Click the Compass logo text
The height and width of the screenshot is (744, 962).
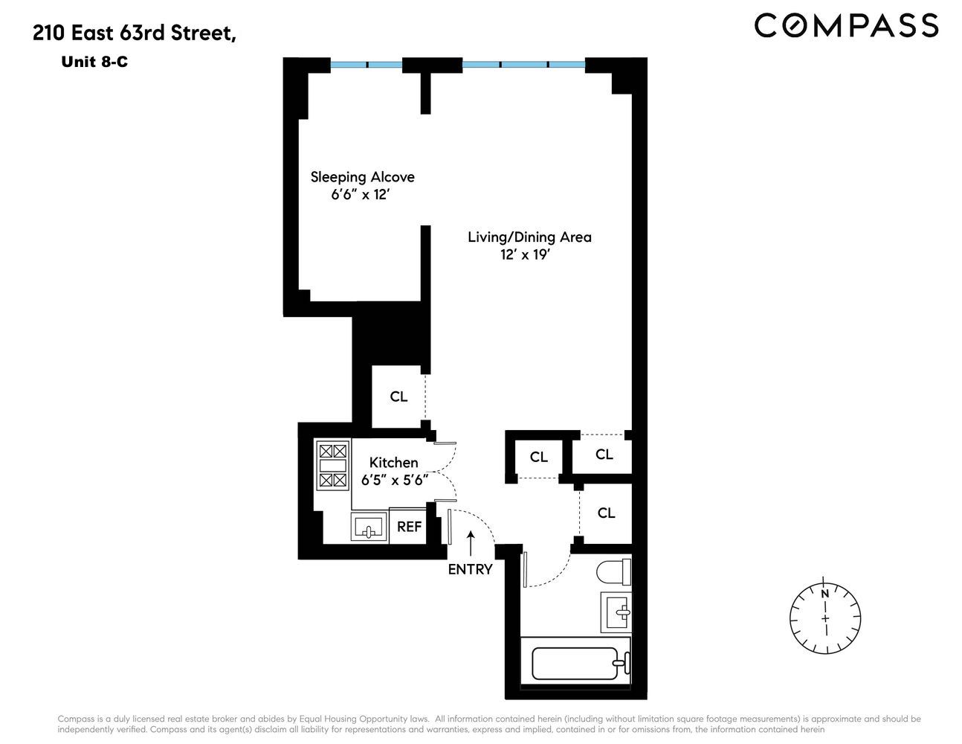(x=846, y=25)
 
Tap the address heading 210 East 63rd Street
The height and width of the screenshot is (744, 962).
(x=135, y=33)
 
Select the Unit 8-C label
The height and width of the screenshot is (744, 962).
(x=94, y=62)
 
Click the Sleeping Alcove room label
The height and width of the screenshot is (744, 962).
(x=362, y=177)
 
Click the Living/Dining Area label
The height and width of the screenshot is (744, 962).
(x=529, y=237)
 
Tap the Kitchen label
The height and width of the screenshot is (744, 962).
(x=393, y=462)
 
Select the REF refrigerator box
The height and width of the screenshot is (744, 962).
(x=409, y=526)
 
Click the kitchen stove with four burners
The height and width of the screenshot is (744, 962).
(x=332, y=465)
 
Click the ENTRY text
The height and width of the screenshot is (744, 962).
(x=470, y=569)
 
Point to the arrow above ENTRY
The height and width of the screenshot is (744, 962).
(x=470, y=542)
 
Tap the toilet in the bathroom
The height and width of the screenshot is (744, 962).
(x=614, y=573)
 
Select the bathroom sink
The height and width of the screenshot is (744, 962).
(x=616, y=612)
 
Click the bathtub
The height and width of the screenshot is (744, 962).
(x=576, y=661)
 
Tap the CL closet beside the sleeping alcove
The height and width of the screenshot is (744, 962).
(x=398, y=397)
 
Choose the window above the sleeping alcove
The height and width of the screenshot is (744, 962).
(x=367, y=65)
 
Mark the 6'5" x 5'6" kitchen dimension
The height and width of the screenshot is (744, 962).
(x=394, y=481)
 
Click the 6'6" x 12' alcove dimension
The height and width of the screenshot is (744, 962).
(x=361, y=195)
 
